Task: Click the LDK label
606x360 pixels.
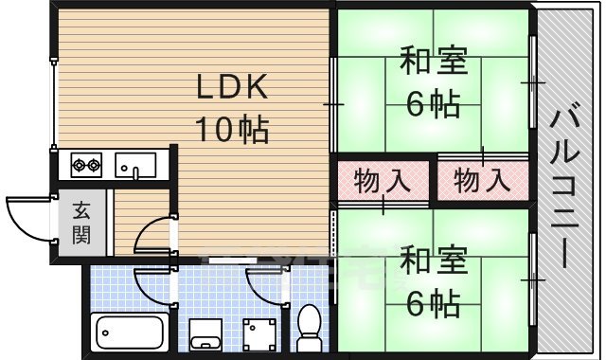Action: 234,89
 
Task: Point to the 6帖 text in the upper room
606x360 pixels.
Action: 433,102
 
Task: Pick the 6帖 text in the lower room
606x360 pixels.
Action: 433,303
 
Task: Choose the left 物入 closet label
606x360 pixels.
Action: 382,179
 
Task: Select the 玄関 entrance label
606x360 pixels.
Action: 82,221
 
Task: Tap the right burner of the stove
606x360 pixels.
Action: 96,166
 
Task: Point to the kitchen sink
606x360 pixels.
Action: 136,165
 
